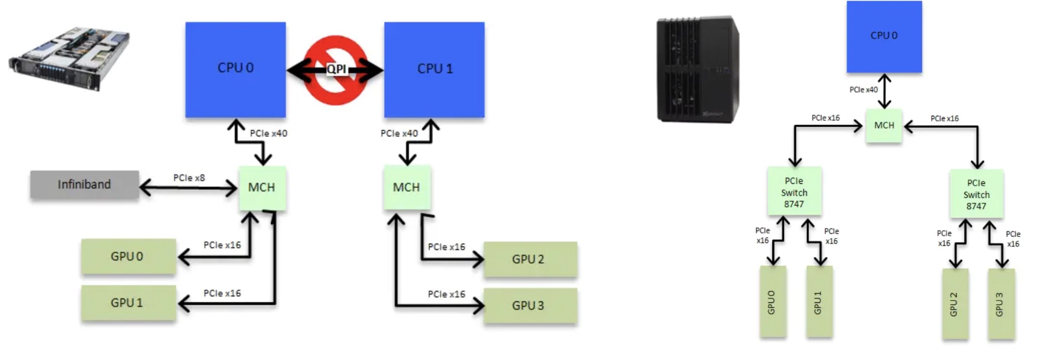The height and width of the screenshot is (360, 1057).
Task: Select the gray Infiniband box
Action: click(x=84, y=184)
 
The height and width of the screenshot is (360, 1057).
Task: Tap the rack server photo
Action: click(x=69, y=58)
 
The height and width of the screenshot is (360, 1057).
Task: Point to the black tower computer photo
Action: click(x=697, y=69)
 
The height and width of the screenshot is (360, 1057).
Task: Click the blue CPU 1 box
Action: click(x=434, y=69)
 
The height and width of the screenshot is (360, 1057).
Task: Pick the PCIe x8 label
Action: click(x=189, y=178)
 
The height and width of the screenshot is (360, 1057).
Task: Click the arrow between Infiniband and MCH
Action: click(x=188, y=189)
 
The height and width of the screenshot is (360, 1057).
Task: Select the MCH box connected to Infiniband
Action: click(x=262, y=188)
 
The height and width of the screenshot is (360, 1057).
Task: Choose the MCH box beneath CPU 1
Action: click(x=407, y=188)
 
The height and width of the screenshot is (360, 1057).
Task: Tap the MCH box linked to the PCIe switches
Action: click(x=884, y=126)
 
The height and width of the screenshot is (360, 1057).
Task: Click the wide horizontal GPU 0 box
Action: click(x=128, y=256)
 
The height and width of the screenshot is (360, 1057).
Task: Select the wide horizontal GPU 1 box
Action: click(x=128, y=303)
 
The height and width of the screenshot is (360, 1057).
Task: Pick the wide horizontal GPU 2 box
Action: click(x=530, y=259)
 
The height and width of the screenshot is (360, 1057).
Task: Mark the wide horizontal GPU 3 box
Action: click(x=530, y=306)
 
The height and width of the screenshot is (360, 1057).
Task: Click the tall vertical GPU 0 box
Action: click(x=773, y=302)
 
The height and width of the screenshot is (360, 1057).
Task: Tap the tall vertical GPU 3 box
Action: click(x=1001, y=304)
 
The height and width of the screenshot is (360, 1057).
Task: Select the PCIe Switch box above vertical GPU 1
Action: click(x=794, y=192)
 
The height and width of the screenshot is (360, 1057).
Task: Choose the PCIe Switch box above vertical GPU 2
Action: click(x=976, y=194)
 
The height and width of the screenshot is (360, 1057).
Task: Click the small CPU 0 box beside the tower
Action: click(x=884, y=36)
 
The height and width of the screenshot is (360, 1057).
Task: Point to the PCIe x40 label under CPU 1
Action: click(x=399, y=133)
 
